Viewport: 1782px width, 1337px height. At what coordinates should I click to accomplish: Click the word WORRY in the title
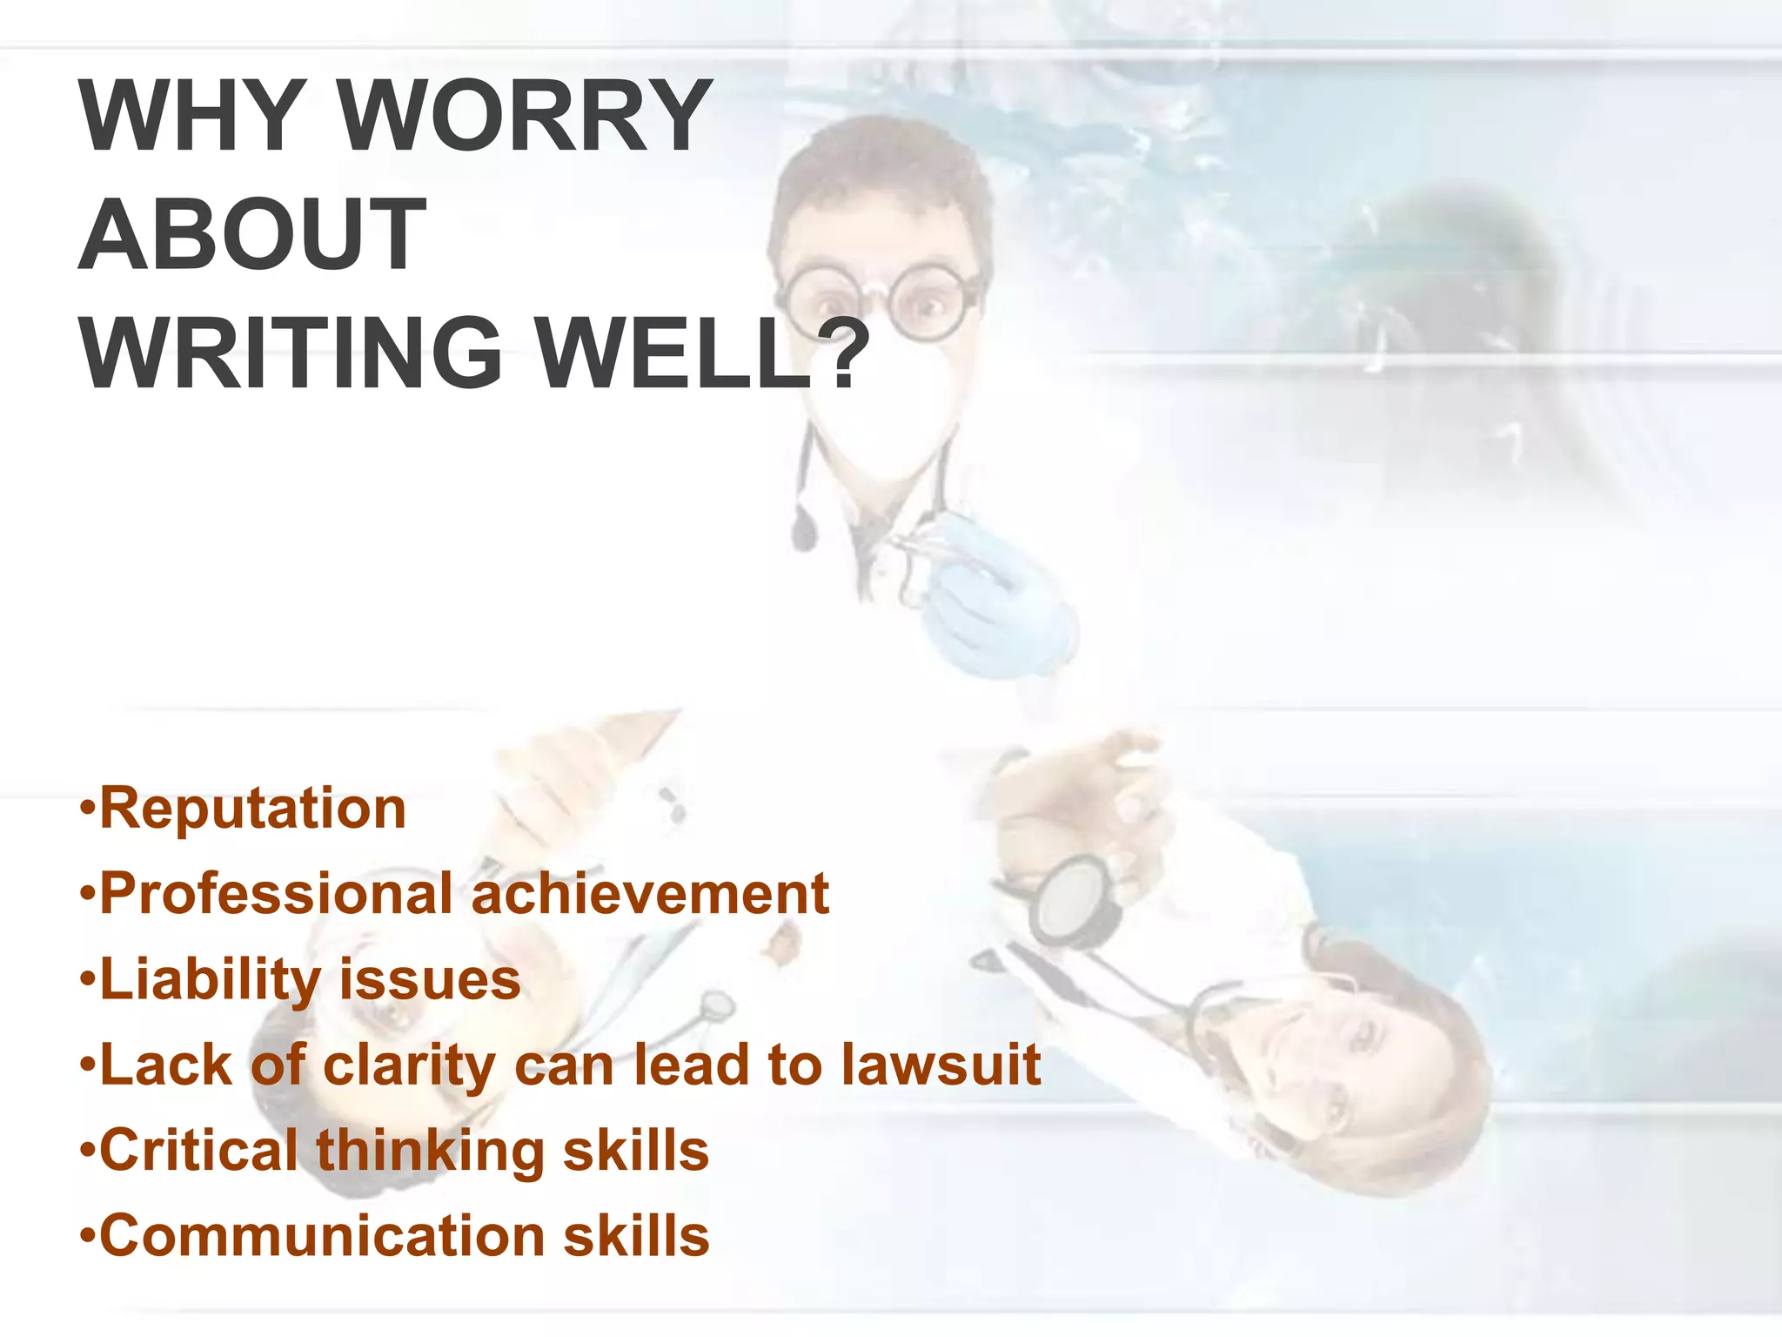524,115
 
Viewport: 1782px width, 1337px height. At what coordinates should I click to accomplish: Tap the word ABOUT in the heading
252,234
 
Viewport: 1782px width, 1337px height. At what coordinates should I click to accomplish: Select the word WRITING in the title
291,353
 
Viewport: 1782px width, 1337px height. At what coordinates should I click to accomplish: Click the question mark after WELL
842,353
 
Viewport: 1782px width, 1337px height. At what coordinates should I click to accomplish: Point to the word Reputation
252,809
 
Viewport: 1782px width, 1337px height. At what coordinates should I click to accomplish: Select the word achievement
650,894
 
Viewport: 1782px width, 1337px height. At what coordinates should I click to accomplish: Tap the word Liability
211,980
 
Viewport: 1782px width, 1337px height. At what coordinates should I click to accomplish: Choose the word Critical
199,1151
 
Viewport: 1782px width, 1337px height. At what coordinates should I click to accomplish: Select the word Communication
322,1236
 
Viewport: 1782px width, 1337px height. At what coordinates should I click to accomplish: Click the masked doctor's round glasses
879,300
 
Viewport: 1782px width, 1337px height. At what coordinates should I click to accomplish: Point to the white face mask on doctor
879,409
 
